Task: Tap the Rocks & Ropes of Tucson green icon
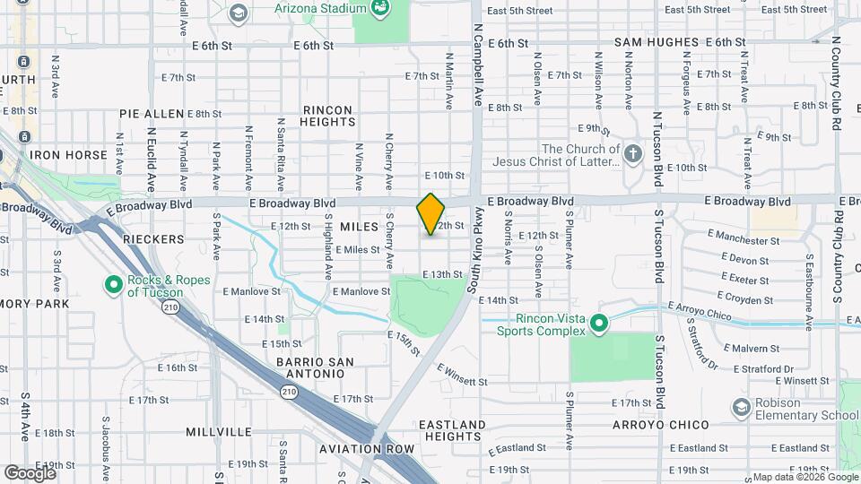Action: (x=114, y=285)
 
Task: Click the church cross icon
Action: (x=634, y=153)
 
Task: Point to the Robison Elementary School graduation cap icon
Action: (x=741, y=409)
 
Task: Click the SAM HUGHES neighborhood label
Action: (x=656, y=42)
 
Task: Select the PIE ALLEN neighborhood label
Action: (x=152, y=114)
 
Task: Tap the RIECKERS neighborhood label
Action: (x=153, y=239)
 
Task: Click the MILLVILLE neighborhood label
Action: (x=219, y=431)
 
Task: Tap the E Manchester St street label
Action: (x=744, y=240)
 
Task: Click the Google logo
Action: (x=30, y=472)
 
